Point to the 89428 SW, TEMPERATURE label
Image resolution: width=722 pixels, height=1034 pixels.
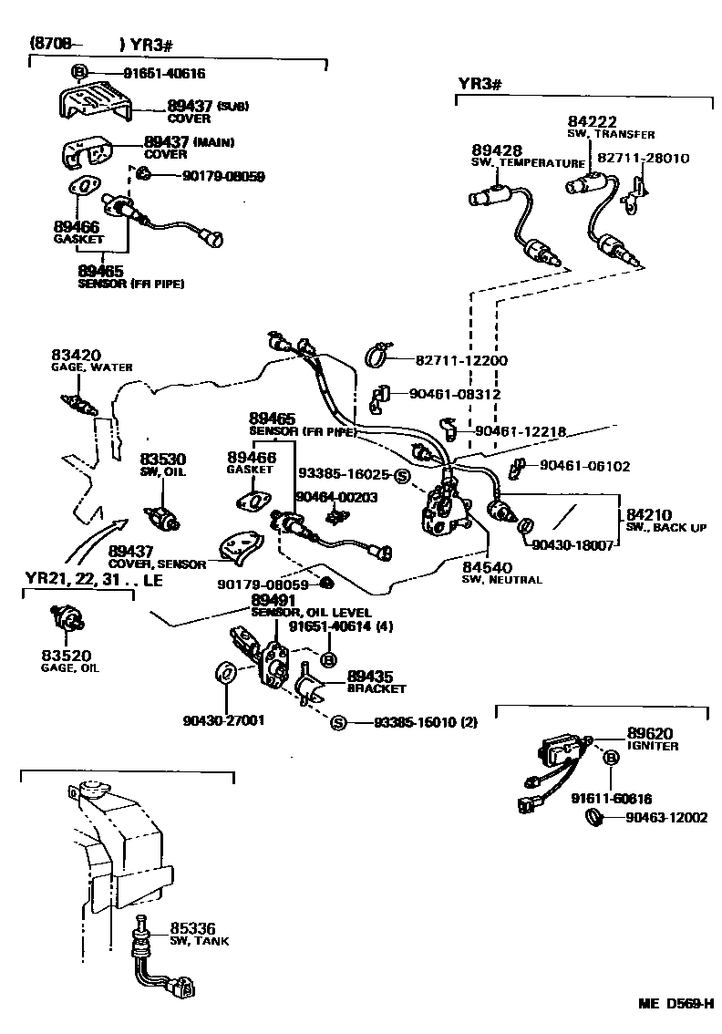pyautogui.click(x=527, y=156)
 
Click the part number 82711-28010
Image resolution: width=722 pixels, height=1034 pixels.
pyautogui.click(x=643, y=158)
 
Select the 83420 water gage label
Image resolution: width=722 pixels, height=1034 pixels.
pyautogui.click(x=89, y=360)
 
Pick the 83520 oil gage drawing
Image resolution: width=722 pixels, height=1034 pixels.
pyautogui.click(x=67, y=623)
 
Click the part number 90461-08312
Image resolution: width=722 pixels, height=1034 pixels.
pyautogui.click(x=455, y=395)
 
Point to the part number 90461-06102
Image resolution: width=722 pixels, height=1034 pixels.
pyautogui.click(x=584, y=465)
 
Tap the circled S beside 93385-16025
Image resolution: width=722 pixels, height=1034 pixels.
pyautogui.click(x=401, y=475)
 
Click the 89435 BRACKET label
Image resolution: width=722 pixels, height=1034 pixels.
pyautogui.click(x=376, y=682)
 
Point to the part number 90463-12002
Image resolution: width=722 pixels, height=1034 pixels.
pyautogui.click(x=666, y=817)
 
